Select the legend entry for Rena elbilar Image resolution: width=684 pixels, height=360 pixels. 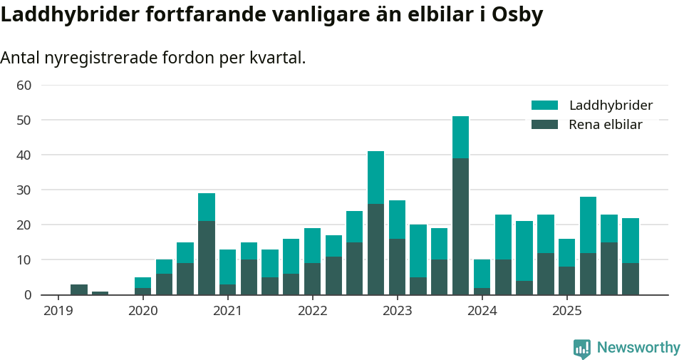[x=605, y=125]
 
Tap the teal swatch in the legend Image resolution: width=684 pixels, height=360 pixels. [x=544, y=106]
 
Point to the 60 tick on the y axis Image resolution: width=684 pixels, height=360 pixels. [x=24, y=86]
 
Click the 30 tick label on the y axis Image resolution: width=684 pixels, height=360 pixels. [x=24, y=190]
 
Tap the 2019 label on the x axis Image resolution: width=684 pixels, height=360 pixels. [x=58, y=311]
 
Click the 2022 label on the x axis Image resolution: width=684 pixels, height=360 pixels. [x=313, y=311]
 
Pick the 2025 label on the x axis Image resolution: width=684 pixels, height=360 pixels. [x=567, y=311]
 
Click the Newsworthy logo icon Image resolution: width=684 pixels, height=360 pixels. [x=582, y=348]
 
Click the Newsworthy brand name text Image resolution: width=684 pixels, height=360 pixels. [x=638, y=348]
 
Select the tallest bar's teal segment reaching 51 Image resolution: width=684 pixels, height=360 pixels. [x=461, y=137]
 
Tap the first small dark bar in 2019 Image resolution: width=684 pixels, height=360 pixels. [x=79, y=289]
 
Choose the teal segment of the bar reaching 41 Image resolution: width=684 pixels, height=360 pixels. [x=376, y=178]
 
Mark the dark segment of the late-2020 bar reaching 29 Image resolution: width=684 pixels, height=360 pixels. [x=207, y=257]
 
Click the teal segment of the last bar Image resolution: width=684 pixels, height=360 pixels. [x=631, y=240]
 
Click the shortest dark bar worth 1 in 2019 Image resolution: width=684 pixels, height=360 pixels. [x=100, y=293]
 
